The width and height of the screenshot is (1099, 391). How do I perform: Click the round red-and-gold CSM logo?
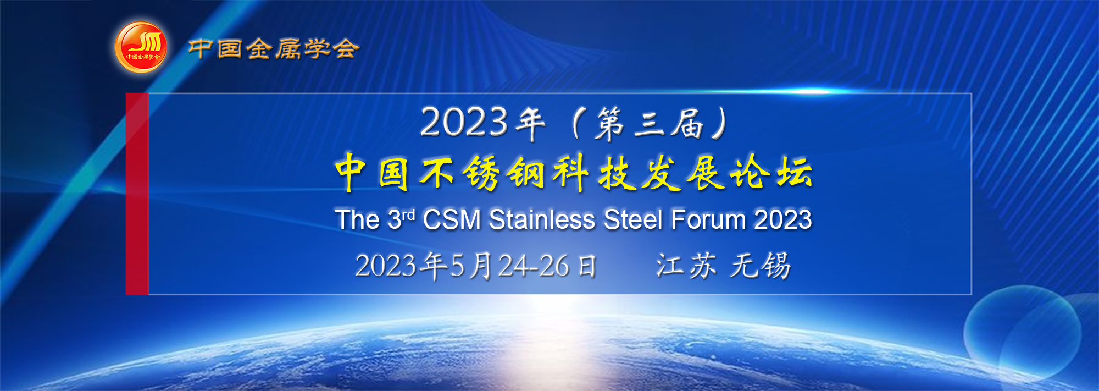[x=141, y=47]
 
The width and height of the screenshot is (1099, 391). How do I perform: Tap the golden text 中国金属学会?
[x=274, y=48]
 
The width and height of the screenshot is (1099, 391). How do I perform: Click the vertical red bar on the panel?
[x=137, y=194]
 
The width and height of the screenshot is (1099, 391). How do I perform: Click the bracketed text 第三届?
[x=650, y=123]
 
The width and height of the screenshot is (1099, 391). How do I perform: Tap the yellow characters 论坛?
[x=771, y=173]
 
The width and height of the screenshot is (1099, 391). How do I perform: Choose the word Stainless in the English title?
[x=542, y=219]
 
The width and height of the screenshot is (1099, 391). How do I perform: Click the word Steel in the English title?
[x=633, y=219]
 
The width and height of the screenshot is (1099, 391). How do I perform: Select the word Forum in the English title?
[x=708, y=219]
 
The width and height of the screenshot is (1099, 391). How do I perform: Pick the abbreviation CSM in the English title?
[x=452, y=219]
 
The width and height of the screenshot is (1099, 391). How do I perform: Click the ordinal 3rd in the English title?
[x=401, y=219]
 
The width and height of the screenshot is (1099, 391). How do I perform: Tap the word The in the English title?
[x=357, y=219]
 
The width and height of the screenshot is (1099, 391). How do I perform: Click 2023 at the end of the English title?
[x=783, y=219]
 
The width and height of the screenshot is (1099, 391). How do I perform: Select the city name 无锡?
[x=761, y=266]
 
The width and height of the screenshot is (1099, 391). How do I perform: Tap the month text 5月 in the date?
[x=471, y=266]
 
